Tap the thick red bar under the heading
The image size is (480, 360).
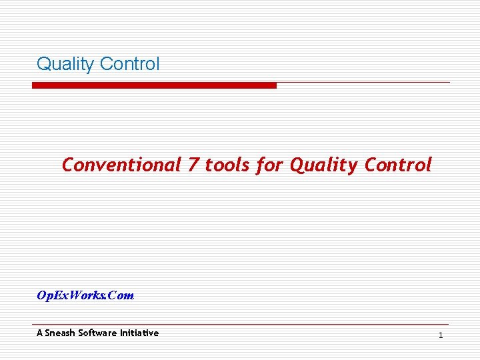click(154, 85)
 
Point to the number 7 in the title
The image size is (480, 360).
click(193, 165)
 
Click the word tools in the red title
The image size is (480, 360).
click(227, 165)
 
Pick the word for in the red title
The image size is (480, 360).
click(269, 165)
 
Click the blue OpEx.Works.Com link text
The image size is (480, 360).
click(85, 295)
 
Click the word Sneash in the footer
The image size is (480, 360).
click(60, 333)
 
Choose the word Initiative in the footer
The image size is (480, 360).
click(139, 333)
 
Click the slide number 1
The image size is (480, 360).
click(441, 335)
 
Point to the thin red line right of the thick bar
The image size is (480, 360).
click(363, 83)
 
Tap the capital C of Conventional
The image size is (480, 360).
click(67, 165)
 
